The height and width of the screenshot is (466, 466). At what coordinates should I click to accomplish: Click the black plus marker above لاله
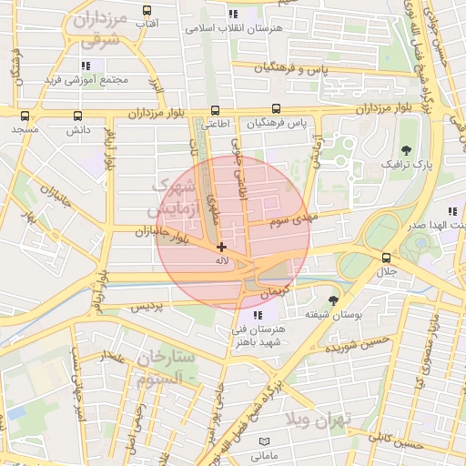[221, 247]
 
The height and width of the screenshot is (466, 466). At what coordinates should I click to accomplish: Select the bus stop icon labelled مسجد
[25, 116]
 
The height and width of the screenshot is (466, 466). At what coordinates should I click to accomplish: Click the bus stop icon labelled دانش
[76, 116]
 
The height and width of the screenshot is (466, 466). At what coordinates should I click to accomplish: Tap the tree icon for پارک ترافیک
[406, 150]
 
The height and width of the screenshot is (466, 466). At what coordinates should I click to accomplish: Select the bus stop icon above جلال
[387, 258]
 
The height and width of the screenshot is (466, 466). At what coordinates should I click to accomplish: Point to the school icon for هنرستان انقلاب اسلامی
[233, 15]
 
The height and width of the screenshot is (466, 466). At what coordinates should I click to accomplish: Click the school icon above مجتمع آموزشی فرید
[86, 65]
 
